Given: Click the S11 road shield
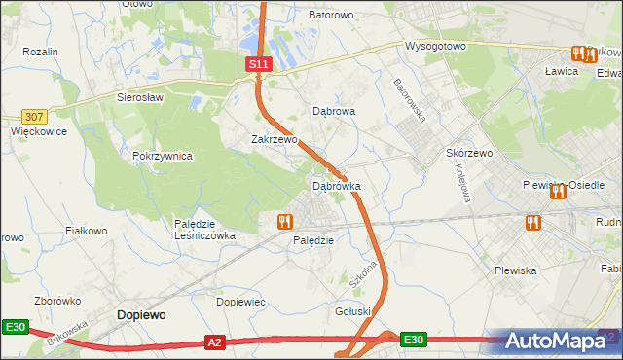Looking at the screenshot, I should tap(257, 63).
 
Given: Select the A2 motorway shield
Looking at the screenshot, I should tap(216, 342).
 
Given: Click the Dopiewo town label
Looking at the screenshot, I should tap(141, 314).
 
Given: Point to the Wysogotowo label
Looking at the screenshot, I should tap(438, 46).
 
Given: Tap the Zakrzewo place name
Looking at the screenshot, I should tap(274, 139).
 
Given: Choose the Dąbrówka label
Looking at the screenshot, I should tap(337, 184).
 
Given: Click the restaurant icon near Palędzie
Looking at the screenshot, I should tap(285, 222).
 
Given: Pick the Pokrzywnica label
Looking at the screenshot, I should tap(163, 156).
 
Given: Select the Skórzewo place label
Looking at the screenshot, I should tap(471, 153).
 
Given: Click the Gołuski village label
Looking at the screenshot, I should tap(354, 311).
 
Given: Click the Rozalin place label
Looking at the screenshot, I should tap(41, 51).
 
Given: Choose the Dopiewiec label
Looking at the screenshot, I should tap(240, 302).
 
